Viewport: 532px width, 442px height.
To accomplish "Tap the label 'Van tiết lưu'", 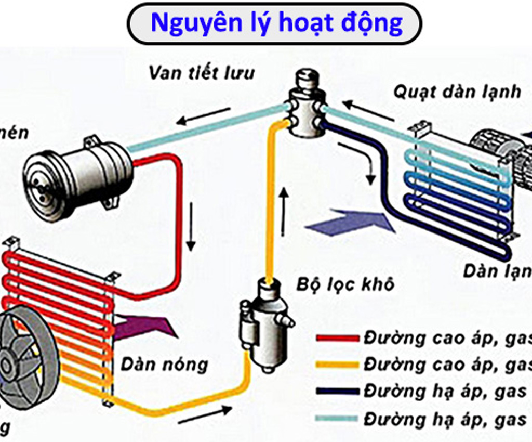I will point(202,72).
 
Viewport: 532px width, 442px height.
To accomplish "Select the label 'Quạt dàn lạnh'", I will point(457,92).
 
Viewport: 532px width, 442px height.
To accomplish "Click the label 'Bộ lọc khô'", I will point(345,284).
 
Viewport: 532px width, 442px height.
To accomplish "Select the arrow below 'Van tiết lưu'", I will point(203,116).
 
